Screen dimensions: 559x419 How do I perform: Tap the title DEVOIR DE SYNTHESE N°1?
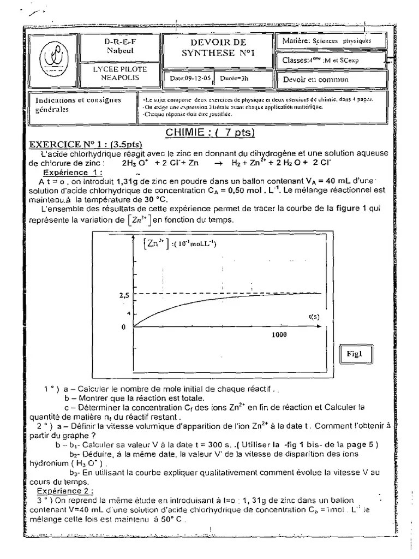pyautogui.click(x=218, y=47)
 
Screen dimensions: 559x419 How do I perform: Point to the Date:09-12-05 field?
pyautogui.click(x=189, y=79)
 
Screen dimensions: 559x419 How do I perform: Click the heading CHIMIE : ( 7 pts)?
pyautogui.click(x=210, y=133)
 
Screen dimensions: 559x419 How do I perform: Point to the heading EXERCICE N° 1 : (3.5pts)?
pyautogui.click(x=85, y=145)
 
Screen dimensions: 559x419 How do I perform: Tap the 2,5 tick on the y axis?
pyautogui.click(x=123, y=295)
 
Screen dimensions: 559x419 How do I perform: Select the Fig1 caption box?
pyautogui.click(x=355, y=354)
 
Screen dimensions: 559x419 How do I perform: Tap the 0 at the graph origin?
pyautogui.click(x=123, y=327)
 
